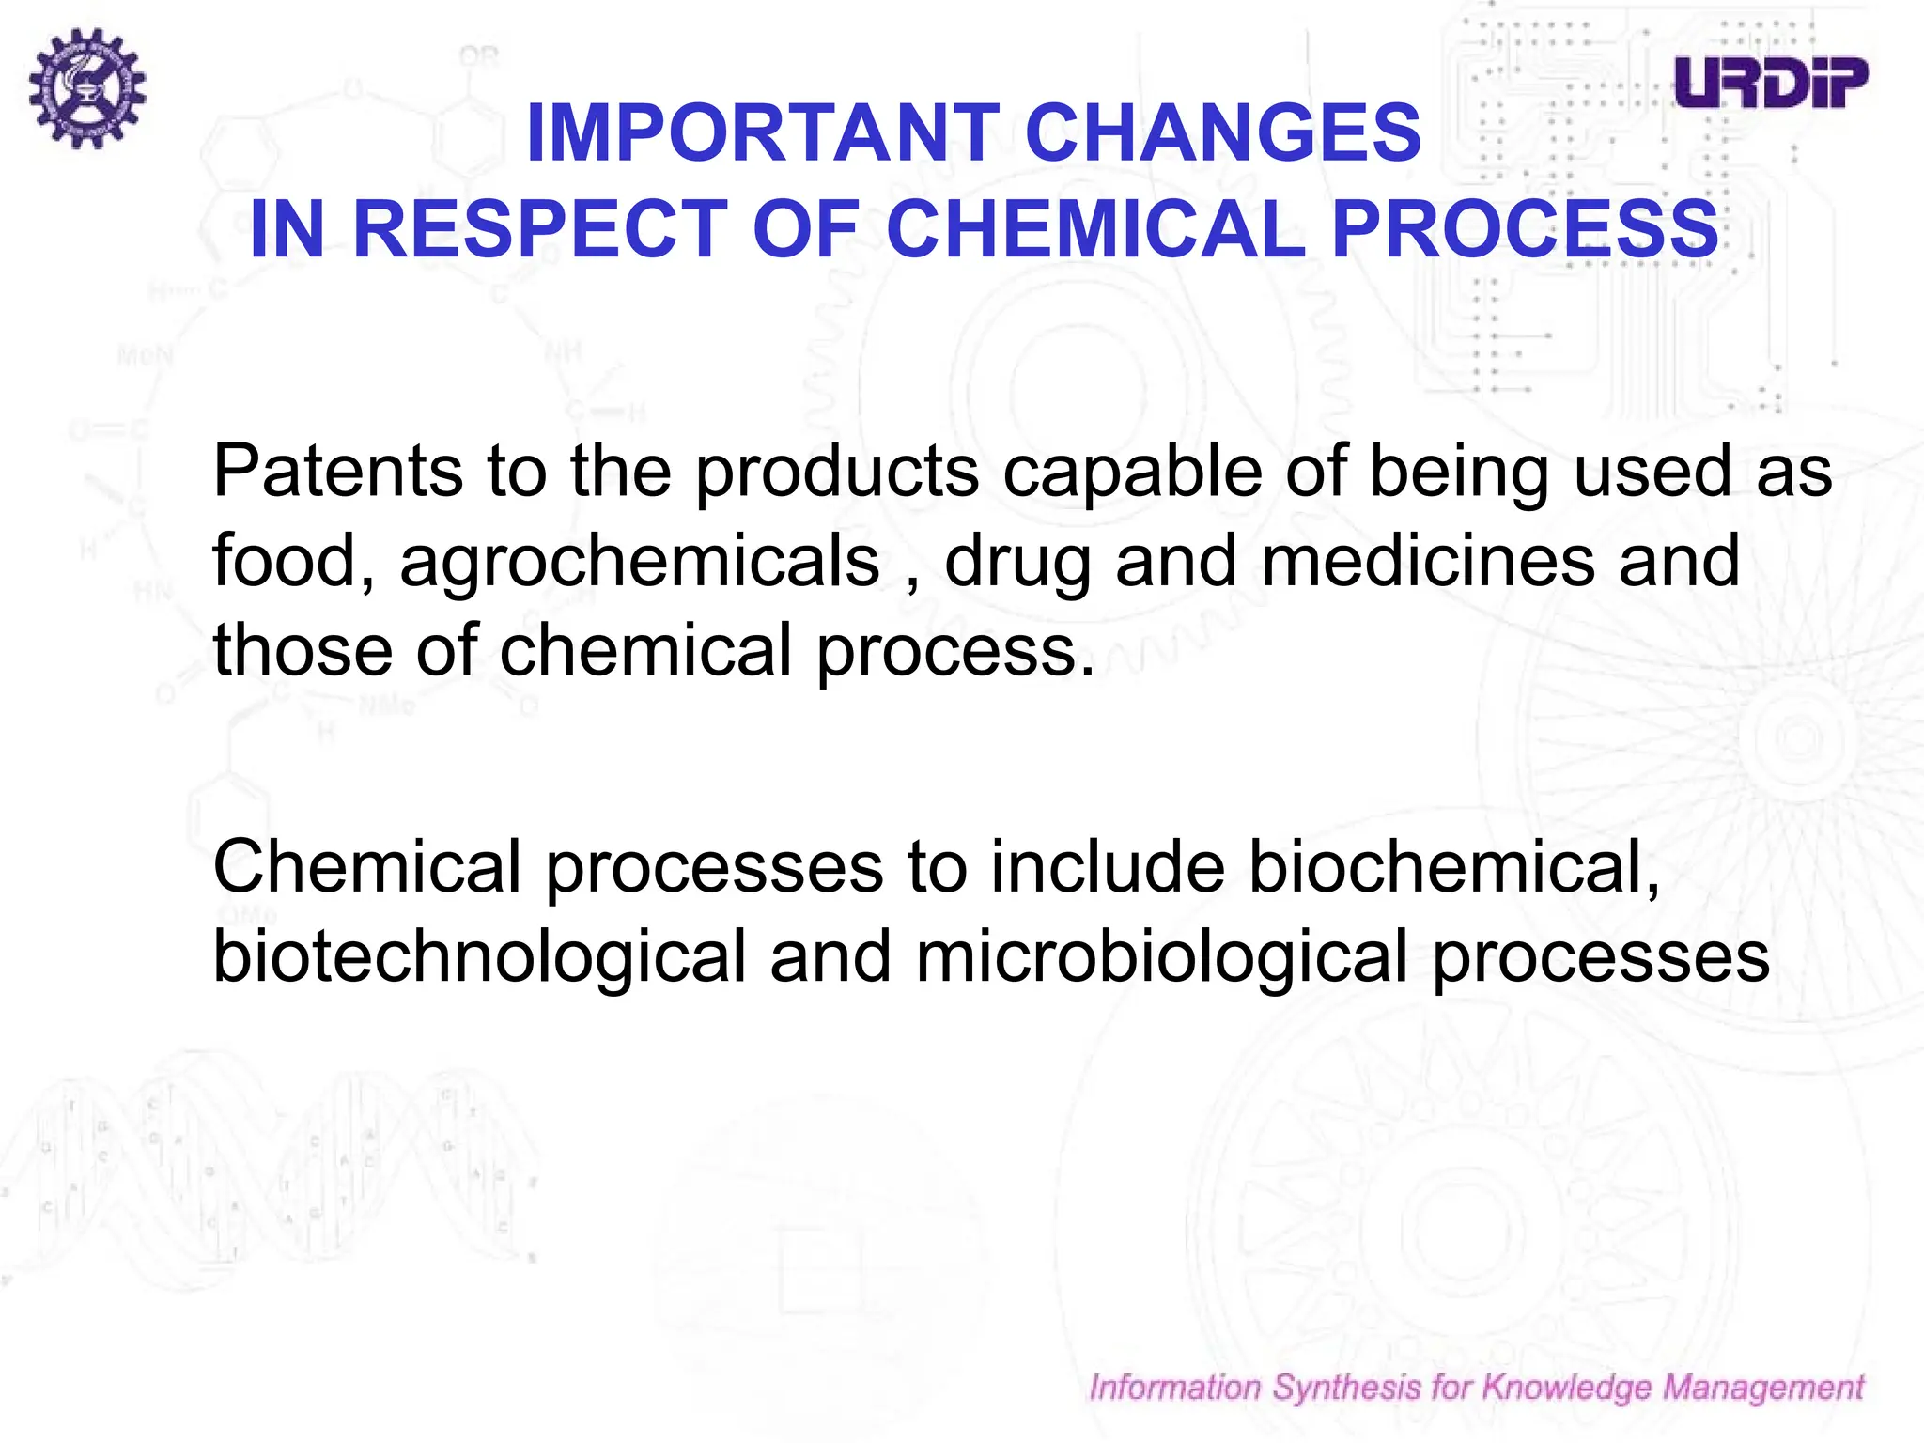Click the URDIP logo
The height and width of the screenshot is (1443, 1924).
pos(1771,83)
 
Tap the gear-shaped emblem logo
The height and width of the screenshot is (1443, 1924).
pos(86,88)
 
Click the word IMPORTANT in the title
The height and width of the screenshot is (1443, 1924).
pos(763,133)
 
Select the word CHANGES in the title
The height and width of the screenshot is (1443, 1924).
pos(1223,133)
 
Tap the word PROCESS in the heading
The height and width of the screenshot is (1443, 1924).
pos(1524,229)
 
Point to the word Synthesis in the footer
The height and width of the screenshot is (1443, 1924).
pos(1346,1388)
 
